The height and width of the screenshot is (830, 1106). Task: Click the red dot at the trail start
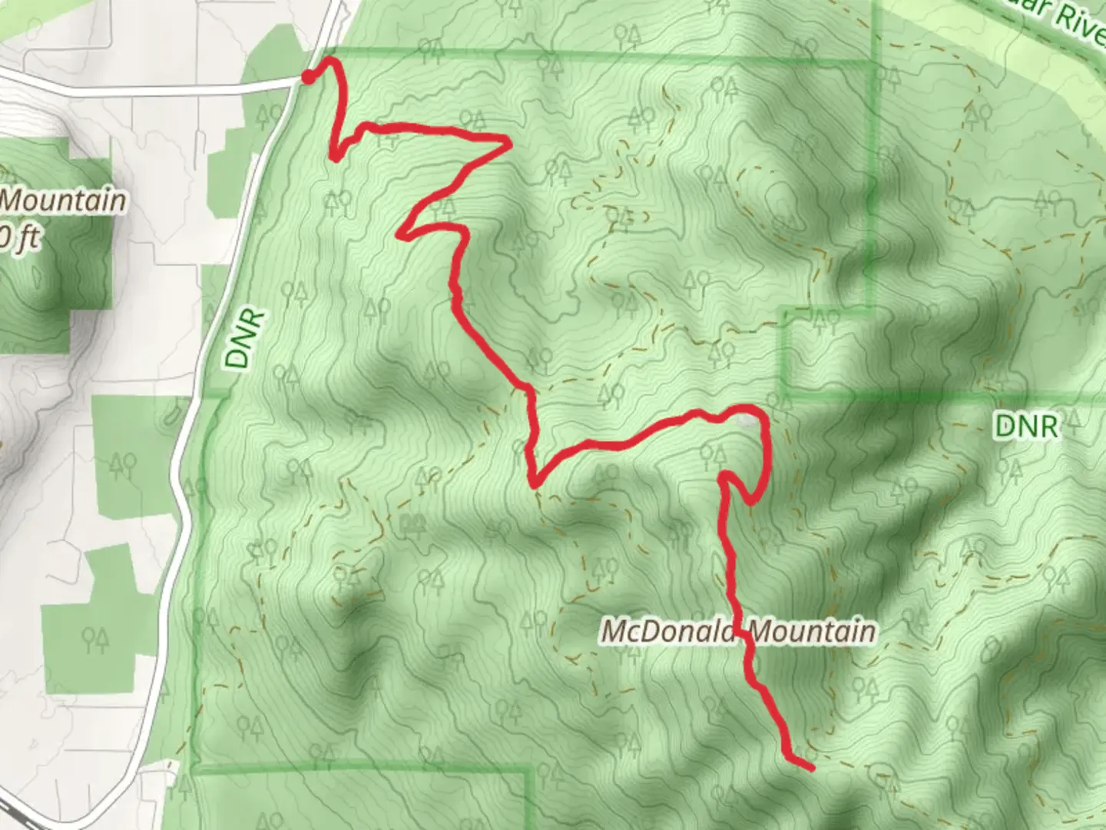pyautogui.click(x=307, y=77)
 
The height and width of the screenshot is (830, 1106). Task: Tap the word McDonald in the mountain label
pyautogui.click(x=668, y=631)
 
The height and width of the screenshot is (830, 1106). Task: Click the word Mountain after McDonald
pyautogui.click(x=812, y=631)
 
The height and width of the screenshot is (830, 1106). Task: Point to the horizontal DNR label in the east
pyautogui.click(x=1026, y=425)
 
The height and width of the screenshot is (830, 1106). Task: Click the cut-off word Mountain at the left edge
pyautogui.click(x=63, y=201)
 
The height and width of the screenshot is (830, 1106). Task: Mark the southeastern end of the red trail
pyautogui.click(x=811, y=767)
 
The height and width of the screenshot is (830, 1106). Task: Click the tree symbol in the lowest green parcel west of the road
pyautogui.click(x=97, y=637)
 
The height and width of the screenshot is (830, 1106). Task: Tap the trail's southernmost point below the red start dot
pyautogui.click(x=335, y=158)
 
